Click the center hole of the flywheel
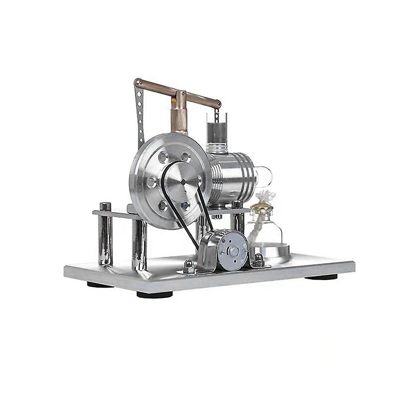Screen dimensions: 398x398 pyautogui.click(x=183, y=183)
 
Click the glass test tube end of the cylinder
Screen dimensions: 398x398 pyautogui.click(x=265, y=176)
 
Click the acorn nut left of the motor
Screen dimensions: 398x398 pyautogui.click(x=189, y=264)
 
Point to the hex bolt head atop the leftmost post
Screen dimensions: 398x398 pyautogui.click(x=105, y=206)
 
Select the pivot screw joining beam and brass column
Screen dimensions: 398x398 pyautogui.click(x=183, y=93)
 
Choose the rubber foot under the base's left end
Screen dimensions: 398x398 pyautogui.click(x=100, y=285)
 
